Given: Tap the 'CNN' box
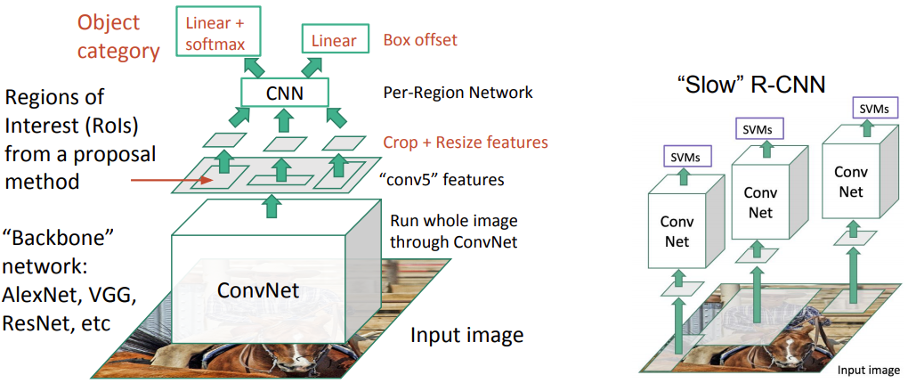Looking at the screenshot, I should (285, 93).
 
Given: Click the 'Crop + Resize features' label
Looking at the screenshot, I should (465, 142).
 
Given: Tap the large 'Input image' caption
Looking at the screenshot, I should (466, 336).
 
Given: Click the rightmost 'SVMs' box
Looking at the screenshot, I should (874, 108).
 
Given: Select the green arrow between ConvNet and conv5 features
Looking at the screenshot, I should (268, 207).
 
